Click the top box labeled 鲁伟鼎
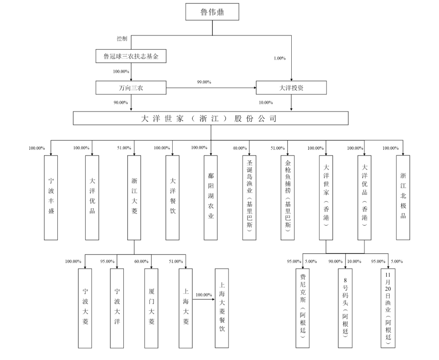[212, 12]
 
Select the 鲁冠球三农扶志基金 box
[131, 56]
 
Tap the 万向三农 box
[131, 88]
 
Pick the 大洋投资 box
[291, 88]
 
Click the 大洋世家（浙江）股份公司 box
[211, 118]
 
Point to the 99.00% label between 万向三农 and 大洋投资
[204, 82]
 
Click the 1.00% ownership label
[280, 58]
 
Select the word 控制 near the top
[122, 39]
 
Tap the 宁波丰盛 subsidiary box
[51, 198]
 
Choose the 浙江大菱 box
[134, 198]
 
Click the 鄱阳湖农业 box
[210, 198]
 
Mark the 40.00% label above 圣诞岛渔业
[240, 148]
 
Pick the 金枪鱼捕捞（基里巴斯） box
[287, 198]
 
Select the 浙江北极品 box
[403, 198]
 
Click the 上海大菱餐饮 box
[222, 308]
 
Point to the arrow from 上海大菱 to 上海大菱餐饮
[204, 299]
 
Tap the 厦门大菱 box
[151, 308]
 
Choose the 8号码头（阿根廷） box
[345, 308]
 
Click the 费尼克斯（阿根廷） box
[303, 308]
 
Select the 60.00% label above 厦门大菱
[142, 261]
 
